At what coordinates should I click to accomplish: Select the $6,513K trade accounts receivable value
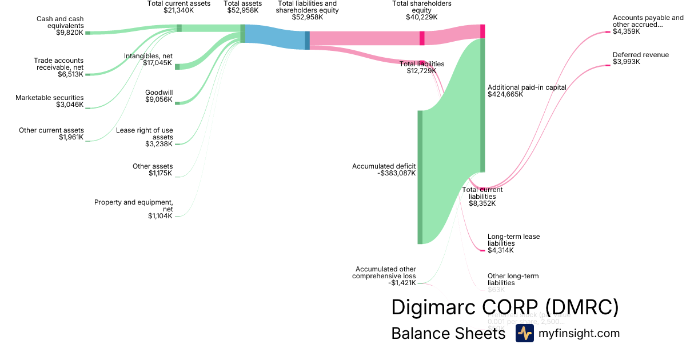(x=71, y=74)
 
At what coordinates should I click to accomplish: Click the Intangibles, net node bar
(x=177, y=67)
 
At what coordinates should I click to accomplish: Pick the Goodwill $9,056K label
(x=158, y=95)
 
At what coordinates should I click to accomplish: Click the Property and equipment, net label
(x=133, y=209)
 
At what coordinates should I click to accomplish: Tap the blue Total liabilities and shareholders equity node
(x=307, y=40)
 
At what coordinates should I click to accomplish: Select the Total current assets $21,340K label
(x=179, y=7)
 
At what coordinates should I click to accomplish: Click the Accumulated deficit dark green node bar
(x=420, y=177)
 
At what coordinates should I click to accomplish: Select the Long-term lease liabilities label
(x=513, y=243)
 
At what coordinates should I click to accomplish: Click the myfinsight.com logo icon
(x=524, y=334)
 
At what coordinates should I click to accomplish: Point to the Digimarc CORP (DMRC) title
(x=505, y=307)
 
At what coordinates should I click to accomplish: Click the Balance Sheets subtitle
(x=448, y=334)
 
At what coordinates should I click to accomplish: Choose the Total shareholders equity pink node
(x=422, y=38)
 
